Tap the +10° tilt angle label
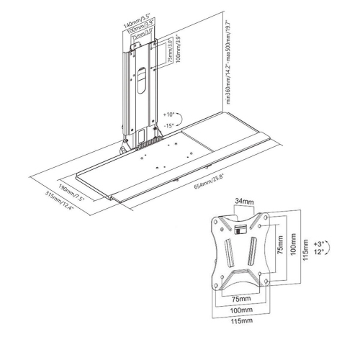click(x=168, y=114)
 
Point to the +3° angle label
click(x=318, y=244)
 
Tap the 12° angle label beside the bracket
click(x=318, y=253)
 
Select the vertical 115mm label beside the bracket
click(x=305, y=249)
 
